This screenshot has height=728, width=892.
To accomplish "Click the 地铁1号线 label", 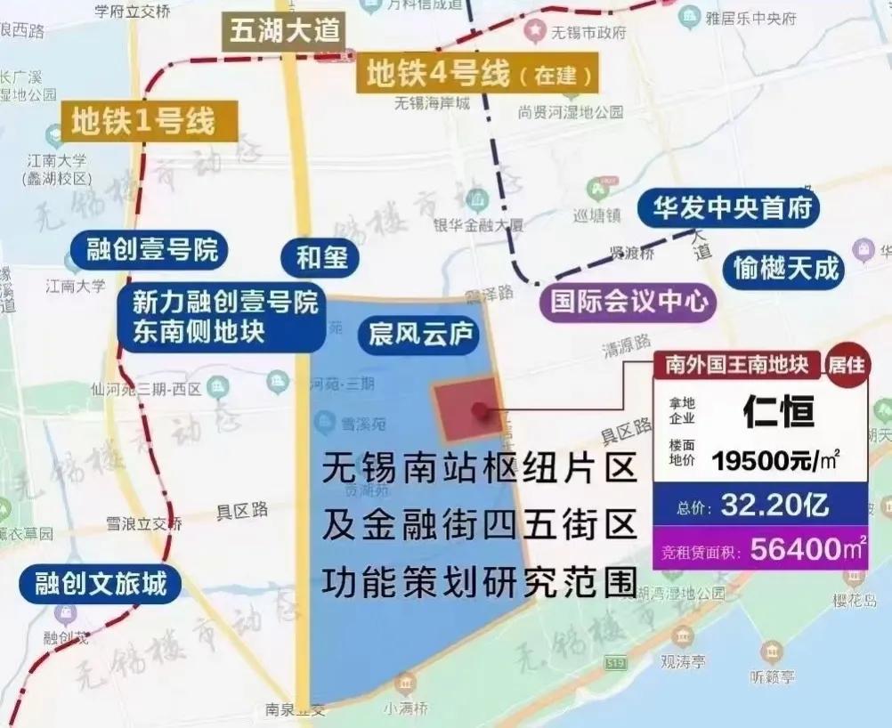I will coord(142,119).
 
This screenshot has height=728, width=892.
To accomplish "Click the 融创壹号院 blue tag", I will coord(152,249).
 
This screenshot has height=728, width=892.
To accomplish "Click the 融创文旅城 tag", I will coord(101,584).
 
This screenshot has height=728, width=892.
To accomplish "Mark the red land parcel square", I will coord(467,408).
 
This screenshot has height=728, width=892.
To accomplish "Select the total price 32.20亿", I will coord(774,506).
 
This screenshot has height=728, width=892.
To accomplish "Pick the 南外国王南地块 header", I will coord(736,364).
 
